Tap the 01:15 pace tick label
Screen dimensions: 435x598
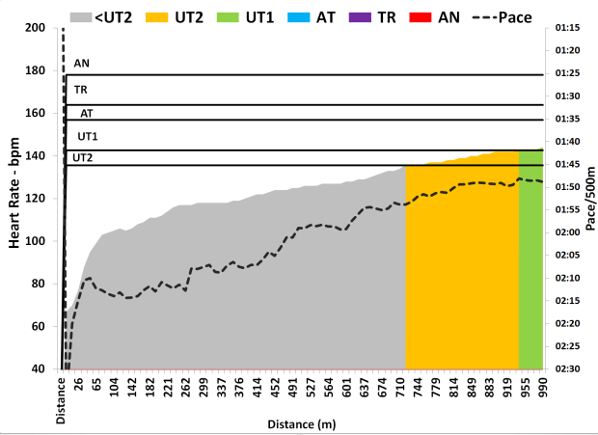click(568, 28)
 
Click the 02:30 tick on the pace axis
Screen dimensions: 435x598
click(568, 368)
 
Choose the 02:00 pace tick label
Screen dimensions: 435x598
click(568, 232)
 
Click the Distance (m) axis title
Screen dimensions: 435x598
click(305, 423)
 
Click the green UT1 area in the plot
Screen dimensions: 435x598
click(530, 260)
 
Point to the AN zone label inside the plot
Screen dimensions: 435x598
click(81, 64)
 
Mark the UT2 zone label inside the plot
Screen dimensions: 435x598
click(82, 157)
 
